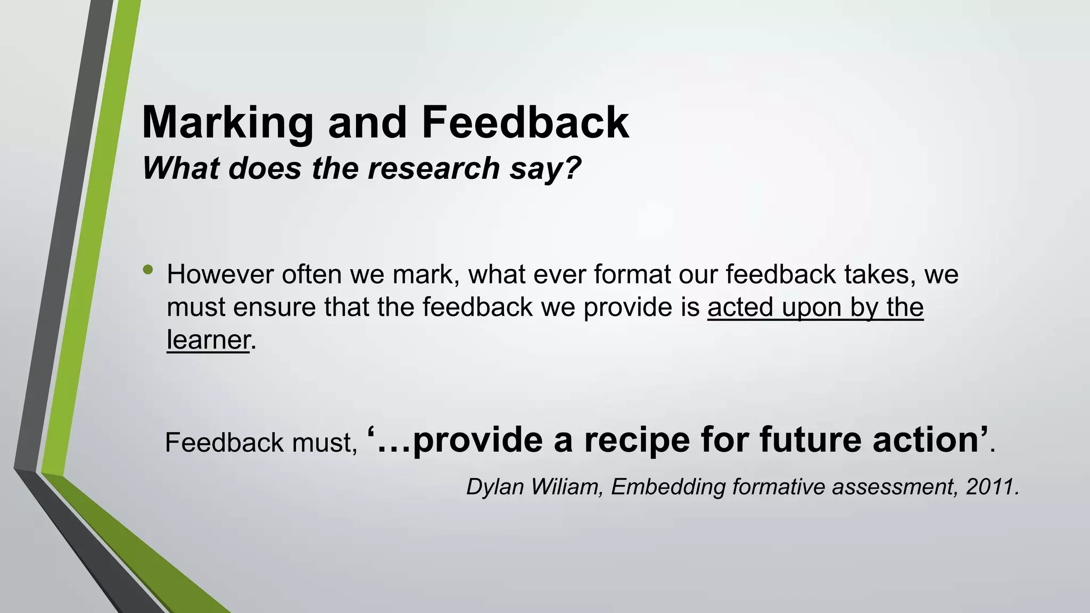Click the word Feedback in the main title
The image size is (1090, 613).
click(525, 122)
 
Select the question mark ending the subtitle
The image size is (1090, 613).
click(571, 168)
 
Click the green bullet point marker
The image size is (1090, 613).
click(148, 270)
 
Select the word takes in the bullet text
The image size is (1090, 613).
click(880, 275)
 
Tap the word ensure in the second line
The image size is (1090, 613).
click(275, 307)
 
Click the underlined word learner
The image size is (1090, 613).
click(208, 340)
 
